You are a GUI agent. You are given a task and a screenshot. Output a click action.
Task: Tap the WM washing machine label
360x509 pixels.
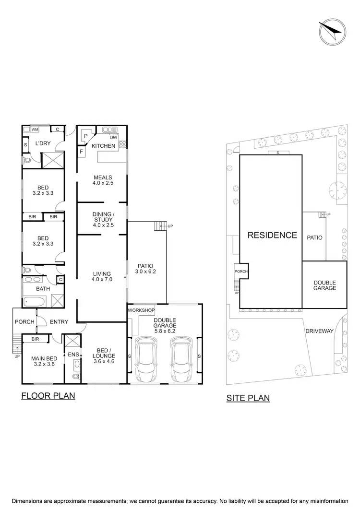[x=35, y=129]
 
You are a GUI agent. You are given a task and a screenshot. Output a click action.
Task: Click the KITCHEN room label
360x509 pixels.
[x=103, y=146]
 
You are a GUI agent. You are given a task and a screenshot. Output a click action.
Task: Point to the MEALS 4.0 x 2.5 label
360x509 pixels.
[x=102, y=180]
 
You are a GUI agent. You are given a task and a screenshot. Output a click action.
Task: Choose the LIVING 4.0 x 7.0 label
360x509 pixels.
[x=102, y=276]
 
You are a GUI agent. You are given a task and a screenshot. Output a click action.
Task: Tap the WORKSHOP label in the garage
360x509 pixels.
[x=141, y=310]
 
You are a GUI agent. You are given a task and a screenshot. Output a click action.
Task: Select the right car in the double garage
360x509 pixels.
[x=180, y=358]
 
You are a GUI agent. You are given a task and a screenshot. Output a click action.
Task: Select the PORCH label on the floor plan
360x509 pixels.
[x=24, y=321]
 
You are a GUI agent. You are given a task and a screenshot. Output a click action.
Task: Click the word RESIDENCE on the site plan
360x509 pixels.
[x=272, y=235]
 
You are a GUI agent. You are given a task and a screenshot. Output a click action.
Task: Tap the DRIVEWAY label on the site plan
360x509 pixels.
[x=319, y=331]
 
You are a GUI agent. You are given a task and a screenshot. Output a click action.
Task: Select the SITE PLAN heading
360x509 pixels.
[x=248, y=398]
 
